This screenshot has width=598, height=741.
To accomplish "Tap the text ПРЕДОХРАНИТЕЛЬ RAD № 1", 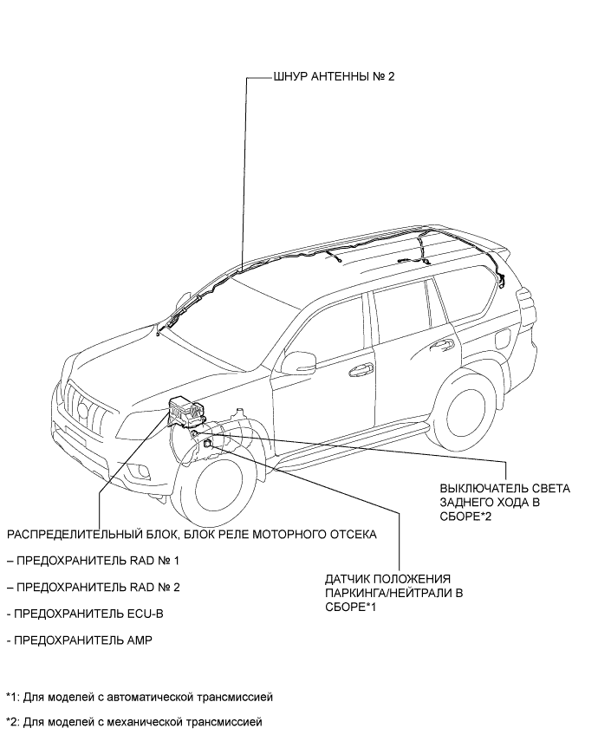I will [x=98, y=561].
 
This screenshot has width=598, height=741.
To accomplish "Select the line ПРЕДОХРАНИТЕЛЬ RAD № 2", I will [x=98, y=587].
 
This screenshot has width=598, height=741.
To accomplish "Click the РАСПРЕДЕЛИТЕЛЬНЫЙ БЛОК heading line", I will [x=192, y=534].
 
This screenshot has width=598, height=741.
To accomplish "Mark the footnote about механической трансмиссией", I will [x=134, y=721].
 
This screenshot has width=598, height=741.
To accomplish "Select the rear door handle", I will [x=444, y=344].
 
